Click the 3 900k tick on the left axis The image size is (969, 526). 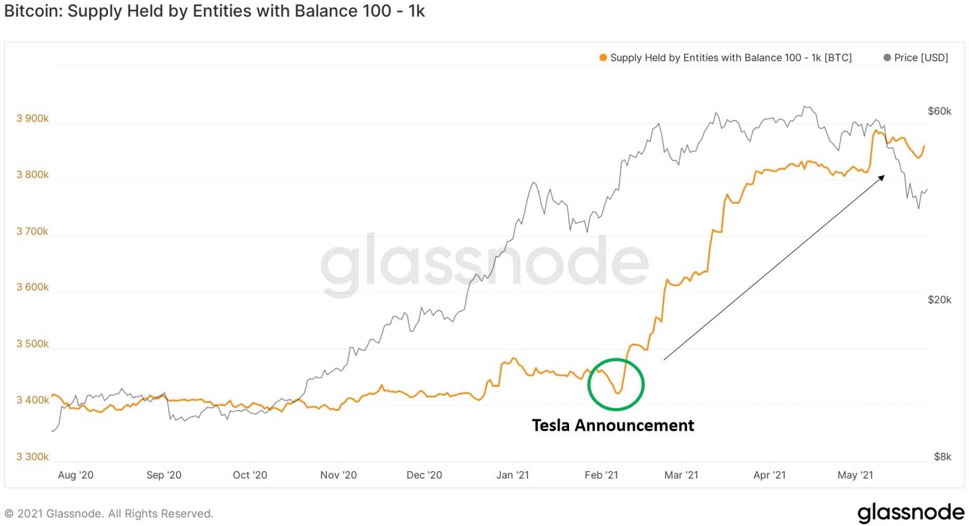click(32, 119)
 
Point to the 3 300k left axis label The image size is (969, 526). click(32, 457)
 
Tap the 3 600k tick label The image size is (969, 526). click(32, 287)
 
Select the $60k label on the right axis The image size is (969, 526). click(939, 111)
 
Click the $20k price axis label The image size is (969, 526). click(939, 300)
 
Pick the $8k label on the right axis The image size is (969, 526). click(942, 457)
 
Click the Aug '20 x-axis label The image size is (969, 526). click(76, 475)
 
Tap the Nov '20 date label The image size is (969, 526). click(338, 475)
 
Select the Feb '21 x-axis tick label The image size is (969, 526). click(601, 475)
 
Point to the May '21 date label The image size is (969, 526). click(855, 475)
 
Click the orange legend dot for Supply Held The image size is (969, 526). click(603, 58)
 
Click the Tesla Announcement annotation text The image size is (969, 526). click(613, 426)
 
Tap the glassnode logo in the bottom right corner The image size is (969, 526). click(910, 512)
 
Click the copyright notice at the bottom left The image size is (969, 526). click(109, 514)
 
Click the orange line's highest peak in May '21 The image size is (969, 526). click(875, 131)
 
